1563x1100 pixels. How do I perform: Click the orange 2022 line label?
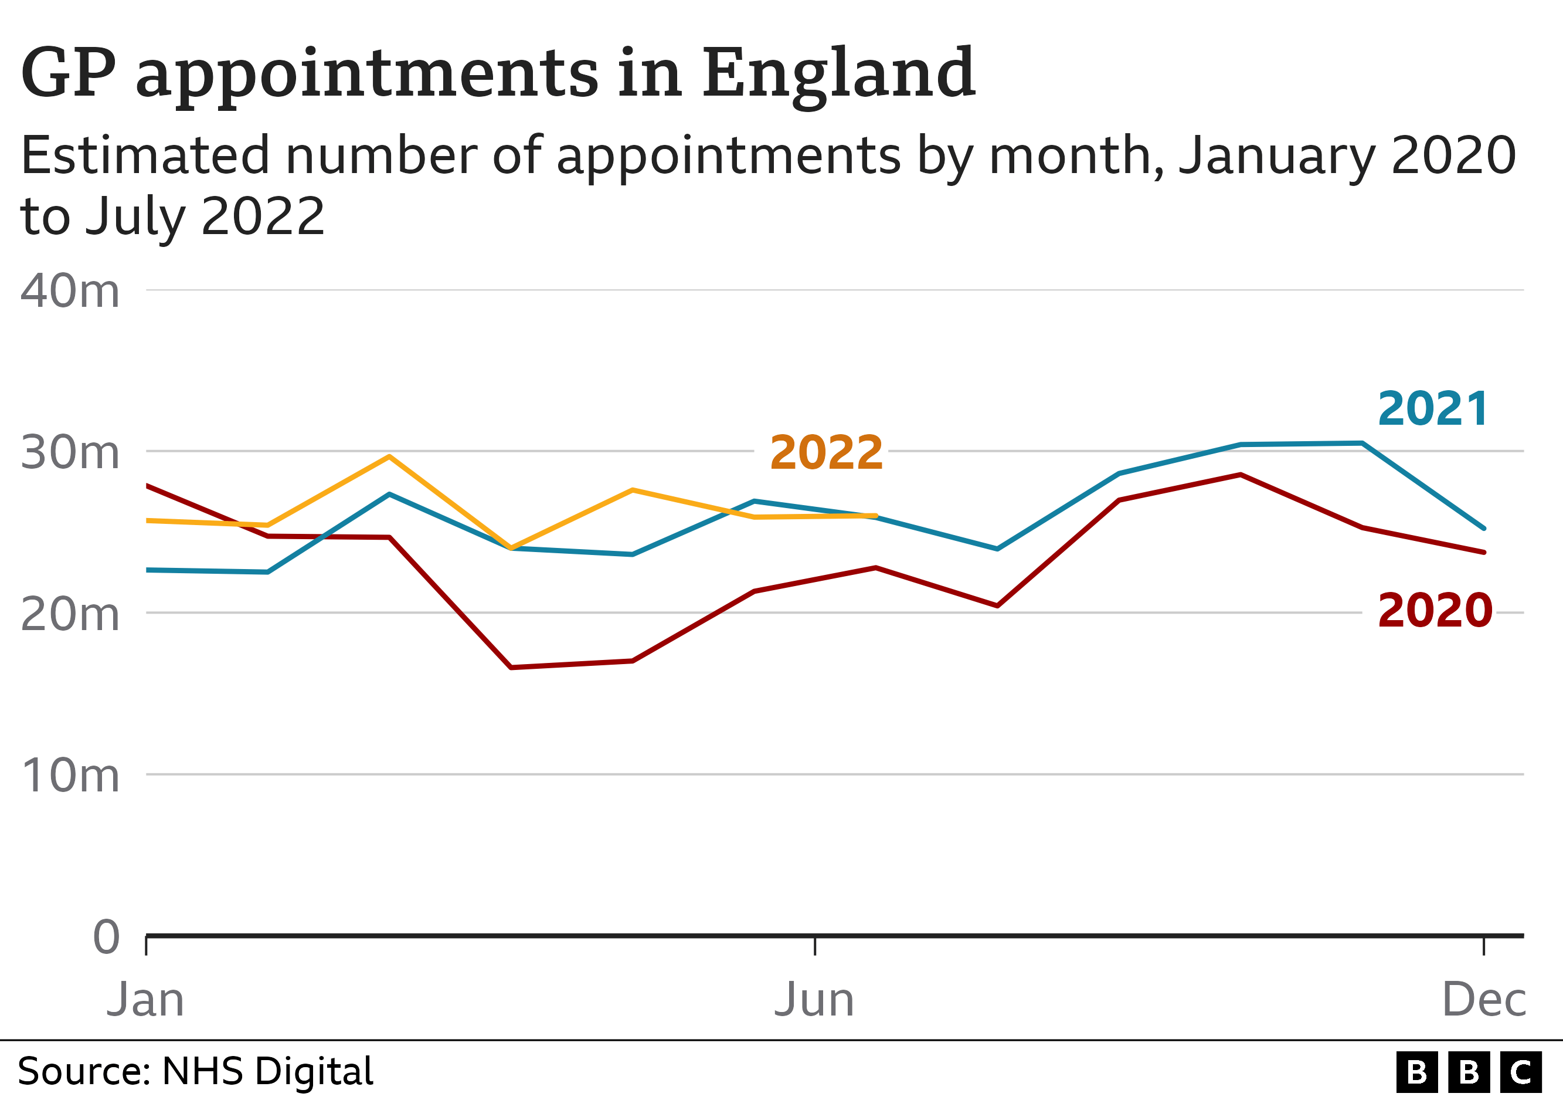tap(825, 453)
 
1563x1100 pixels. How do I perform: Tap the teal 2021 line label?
tap(1433, 409)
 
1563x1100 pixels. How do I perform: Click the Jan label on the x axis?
tap(145, 1000)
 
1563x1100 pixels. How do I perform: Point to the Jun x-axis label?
tap(814, 1000)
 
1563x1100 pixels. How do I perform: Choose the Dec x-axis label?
tap(1484, 1000)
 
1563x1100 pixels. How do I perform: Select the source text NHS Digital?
tap(267, 1071)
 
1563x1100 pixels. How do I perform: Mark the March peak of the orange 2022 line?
tap(389, 456)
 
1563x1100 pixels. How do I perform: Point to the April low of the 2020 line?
tap(511, 668)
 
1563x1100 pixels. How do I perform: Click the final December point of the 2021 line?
tap(1484, 528)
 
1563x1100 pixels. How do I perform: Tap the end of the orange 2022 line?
tap(875, 516)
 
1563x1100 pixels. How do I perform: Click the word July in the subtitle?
tap(139, 216)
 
